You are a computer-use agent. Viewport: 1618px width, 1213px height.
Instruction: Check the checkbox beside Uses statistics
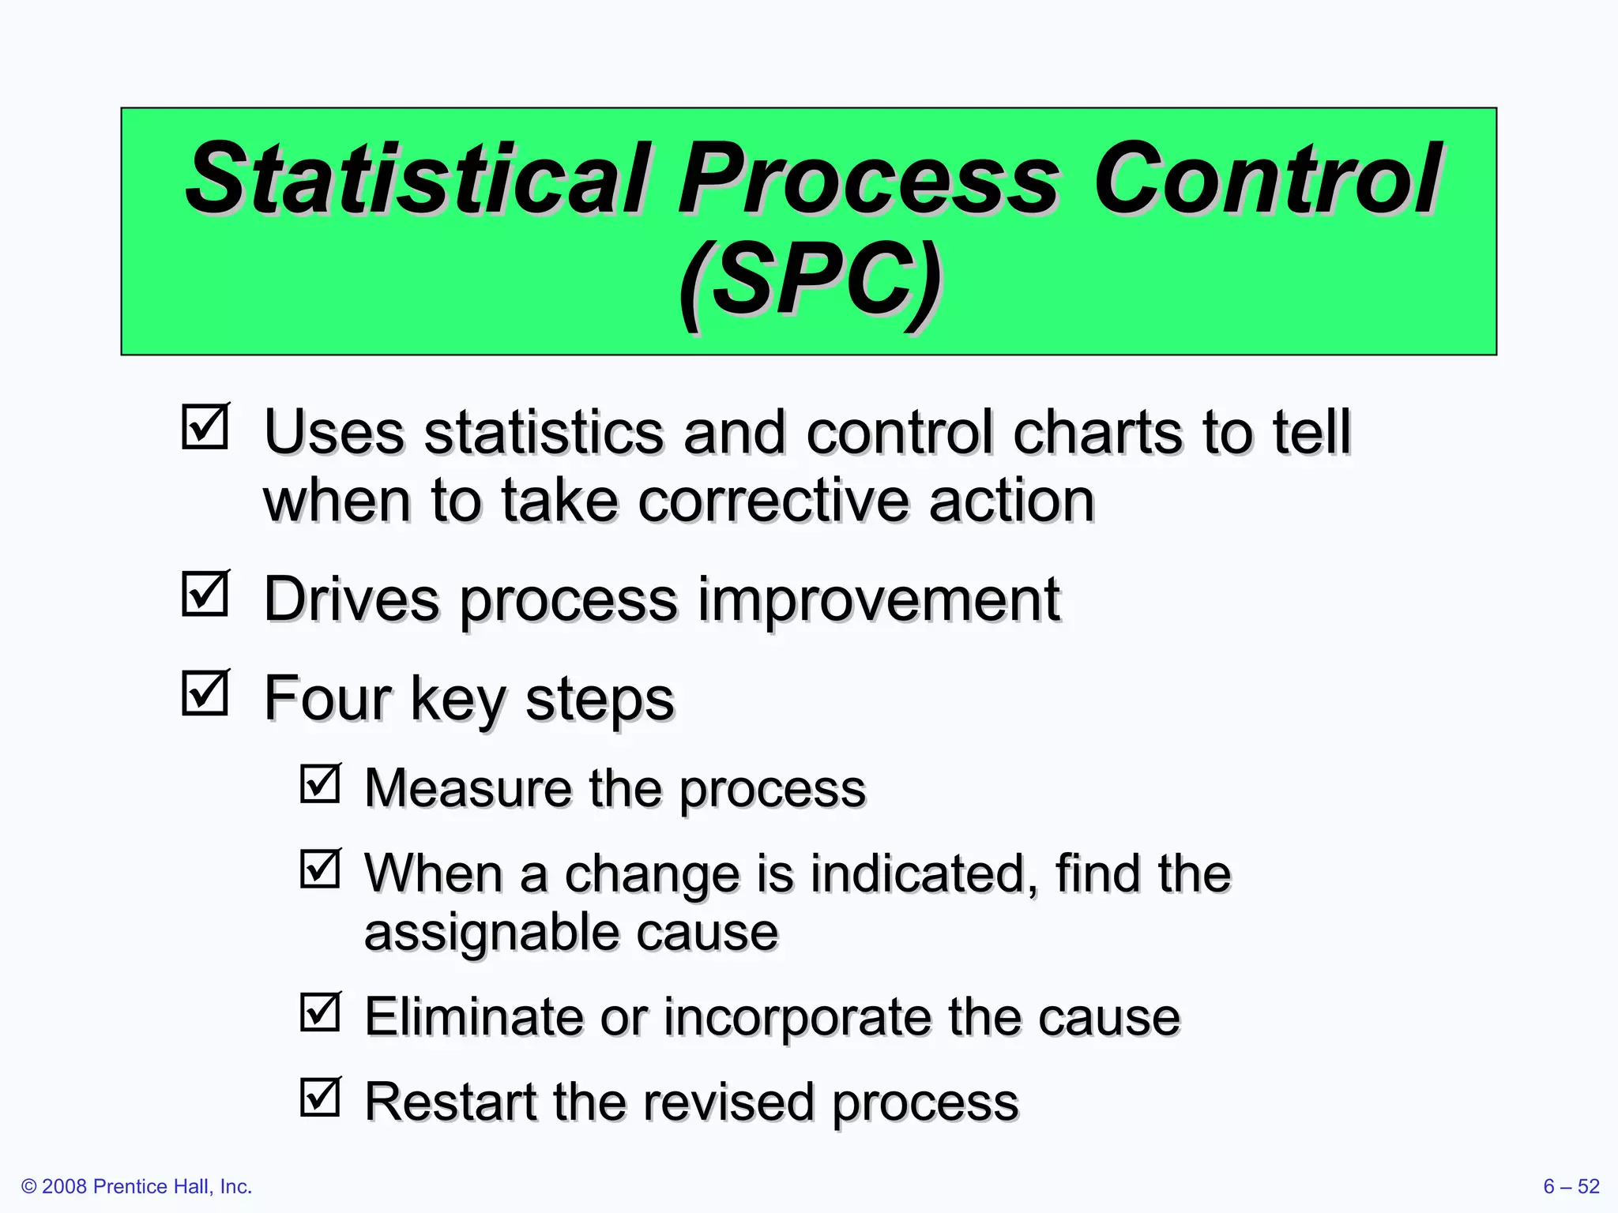tap(205, 427)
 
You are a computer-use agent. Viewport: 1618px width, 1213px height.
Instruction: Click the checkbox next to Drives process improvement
tap(205, 594)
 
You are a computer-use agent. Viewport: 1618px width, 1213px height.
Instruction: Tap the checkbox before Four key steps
tap(205, 693)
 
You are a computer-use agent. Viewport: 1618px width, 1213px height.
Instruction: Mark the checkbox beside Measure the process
tap(320, 783)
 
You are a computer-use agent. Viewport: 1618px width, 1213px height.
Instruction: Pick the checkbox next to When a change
tap(320, 869)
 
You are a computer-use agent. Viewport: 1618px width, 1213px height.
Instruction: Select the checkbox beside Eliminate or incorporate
tap(320, 1012)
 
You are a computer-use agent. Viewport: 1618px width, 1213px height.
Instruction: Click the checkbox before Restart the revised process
tap(320, 1097)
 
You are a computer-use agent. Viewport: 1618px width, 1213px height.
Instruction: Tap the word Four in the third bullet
tap(327, 698)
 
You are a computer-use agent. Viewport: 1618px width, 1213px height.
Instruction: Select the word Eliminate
tap(472, 1016)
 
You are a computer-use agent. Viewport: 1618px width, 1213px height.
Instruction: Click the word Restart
tap(449, 1102)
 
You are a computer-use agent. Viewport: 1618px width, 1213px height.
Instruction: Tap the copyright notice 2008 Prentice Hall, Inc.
tap(137, 1186)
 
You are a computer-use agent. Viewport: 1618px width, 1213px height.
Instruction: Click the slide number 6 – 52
tap(1571, 1186)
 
